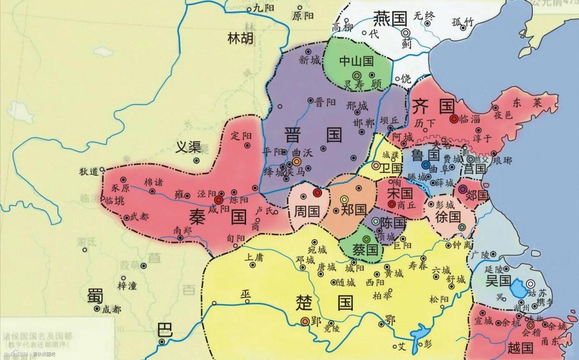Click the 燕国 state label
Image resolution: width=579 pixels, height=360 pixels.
point(391,19)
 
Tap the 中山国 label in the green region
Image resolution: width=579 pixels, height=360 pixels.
point(356,61)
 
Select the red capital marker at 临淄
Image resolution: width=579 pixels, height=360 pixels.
point(454,119)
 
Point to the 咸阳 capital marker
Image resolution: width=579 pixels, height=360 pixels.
point(219,200)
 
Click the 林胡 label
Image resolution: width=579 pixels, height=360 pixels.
point(241,38)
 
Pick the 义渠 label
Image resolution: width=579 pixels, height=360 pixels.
point(188,147)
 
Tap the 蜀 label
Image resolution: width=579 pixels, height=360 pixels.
point(95,295)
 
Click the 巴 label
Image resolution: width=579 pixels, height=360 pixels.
point(165,330)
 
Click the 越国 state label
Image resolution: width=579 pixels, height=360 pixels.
point(520,347)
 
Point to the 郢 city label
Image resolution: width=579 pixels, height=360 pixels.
point(317,321)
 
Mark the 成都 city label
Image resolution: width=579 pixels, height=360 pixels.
point(111,309)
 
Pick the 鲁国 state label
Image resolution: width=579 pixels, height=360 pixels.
point(426,154)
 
